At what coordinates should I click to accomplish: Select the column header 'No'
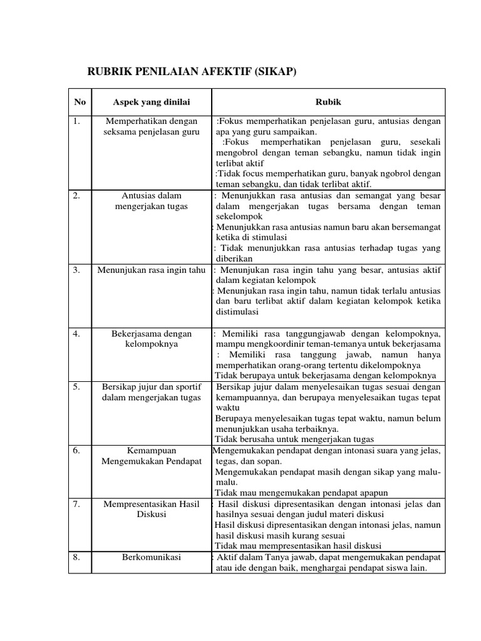point(80,102)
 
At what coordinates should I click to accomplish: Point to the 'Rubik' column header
point(329,102)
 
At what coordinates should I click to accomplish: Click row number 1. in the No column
point(77,121)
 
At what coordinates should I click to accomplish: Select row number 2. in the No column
point(77,196)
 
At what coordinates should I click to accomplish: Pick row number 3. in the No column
point(77,270)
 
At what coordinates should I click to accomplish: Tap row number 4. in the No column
point(77,334)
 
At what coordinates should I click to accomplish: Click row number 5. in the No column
point(77,387)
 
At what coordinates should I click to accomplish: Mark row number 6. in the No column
point(77,450)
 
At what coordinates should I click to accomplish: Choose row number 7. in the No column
point(77,503)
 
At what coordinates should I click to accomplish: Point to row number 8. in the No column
point(77,556)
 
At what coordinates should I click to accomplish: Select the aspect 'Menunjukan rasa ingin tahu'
point(152,270)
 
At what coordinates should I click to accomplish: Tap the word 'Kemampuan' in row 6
point(152,450)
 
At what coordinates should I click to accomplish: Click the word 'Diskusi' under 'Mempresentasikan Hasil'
point(152,514)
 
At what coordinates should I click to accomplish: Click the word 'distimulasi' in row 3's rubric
point(237,312)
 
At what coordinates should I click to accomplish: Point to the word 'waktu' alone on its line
point(228,408)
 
